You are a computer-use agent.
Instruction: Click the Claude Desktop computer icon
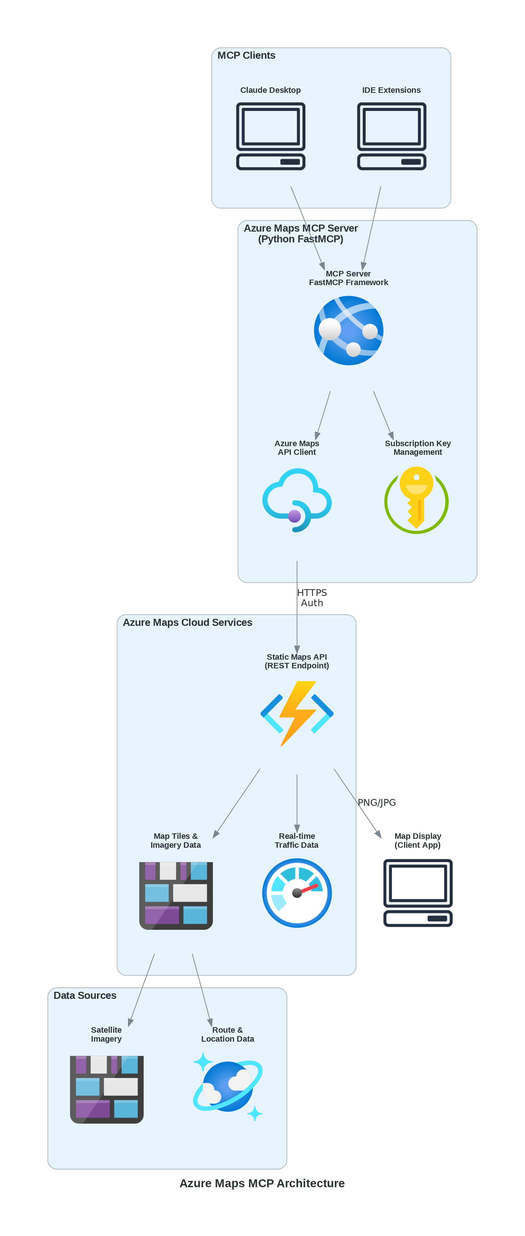(x=271, y=136)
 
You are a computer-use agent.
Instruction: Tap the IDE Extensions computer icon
(x=392, y=136)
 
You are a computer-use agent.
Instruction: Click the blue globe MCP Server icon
(x=348, y=330)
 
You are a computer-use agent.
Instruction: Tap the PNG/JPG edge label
(x=377, y=802)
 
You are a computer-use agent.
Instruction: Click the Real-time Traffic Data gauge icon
(x=296, y=892)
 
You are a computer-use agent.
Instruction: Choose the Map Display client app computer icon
(x=417, y=892)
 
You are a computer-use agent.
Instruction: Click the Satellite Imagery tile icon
(x=107, y=1089)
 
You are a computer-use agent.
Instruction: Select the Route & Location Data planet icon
(x=227, y=1087)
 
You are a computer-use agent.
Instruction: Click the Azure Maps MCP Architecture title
(x=262, y=1183)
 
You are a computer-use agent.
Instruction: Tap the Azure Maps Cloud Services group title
(x=187, y=622)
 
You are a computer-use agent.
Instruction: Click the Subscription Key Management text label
(x=417, y=448)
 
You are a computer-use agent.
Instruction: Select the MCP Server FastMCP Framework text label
(x=348, y=278)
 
